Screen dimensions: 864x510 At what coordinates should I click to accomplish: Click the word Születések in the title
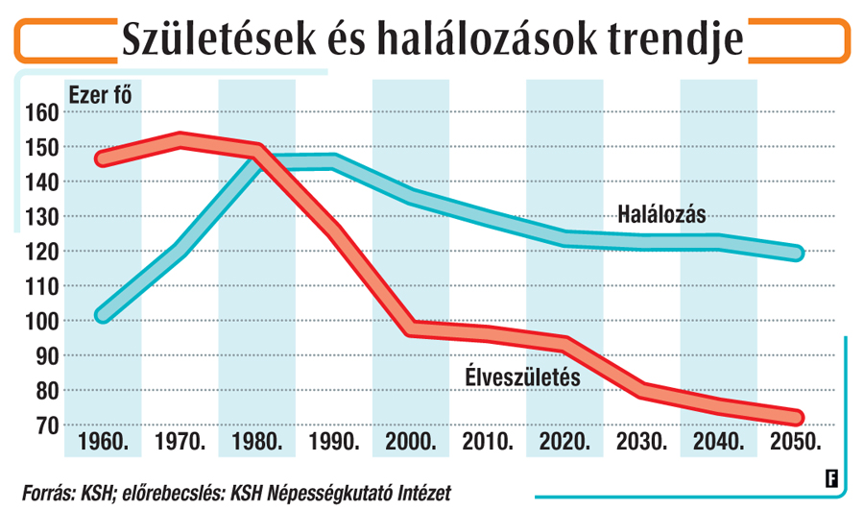[219, 39]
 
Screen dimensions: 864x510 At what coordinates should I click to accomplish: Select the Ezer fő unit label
[100, 95]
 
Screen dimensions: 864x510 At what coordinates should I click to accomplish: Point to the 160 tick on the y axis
[42, 112]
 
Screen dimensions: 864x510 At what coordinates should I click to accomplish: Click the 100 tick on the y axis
[42, 322]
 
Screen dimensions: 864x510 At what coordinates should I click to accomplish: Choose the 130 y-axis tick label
[42, 217]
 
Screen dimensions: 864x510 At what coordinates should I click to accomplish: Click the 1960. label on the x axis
[103, 442]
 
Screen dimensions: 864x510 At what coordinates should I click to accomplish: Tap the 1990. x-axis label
[334, 442]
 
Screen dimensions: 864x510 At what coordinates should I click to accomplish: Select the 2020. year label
[564, 442]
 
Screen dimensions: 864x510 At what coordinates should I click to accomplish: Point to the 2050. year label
[796, 442]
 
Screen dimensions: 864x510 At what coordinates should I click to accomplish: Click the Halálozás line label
[661, 214]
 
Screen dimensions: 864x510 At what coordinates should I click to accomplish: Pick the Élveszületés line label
[523, 377]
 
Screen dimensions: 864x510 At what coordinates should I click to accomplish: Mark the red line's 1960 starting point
[103, 158]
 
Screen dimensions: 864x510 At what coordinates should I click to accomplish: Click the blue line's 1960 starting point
[103, 315]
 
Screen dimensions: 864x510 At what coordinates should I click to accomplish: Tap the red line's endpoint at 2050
[796, 418]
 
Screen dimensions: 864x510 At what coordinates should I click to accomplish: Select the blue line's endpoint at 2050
[796, 253]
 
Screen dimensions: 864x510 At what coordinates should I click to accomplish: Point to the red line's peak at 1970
[180, 140]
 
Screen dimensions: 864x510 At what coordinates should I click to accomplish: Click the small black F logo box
[831, 478]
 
